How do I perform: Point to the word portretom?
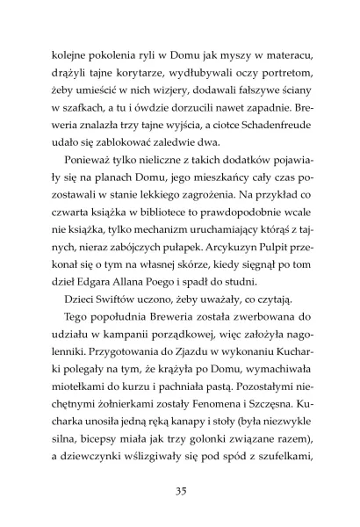(276, 81)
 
